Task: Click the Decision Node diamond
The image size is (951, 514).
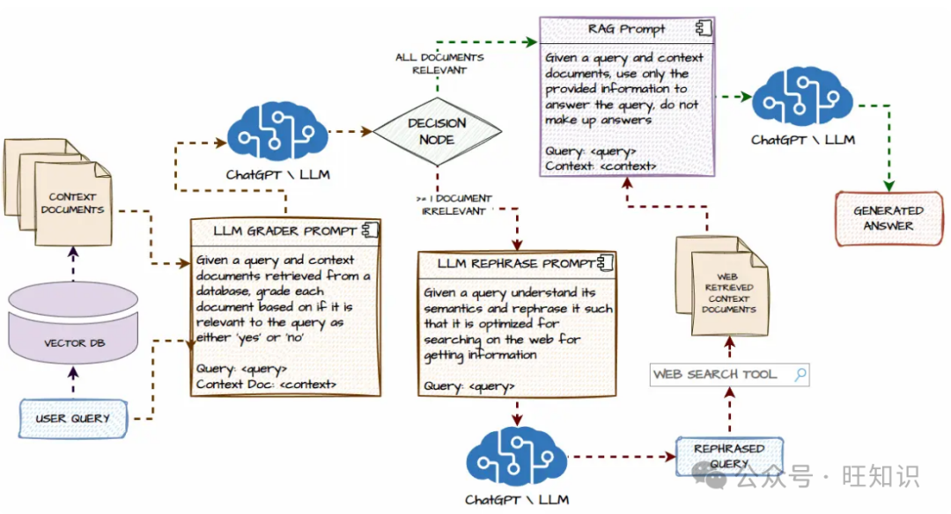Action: (437, 131)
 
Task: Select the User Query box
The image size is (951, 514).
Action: (73, 418)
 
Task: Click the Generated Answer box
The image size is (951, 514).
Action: (888, 218)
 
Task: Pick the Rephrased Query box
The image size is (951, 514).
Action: (729, 455)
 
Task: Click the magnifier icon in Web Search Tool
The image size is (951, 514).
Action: (800, 374)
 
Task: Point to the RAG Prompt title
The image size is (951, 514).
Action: (627, 28)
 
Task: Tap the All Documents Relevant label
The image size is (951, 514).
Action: (439, 63)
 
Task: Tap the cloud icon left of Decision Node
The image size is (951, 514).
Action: (277, 132)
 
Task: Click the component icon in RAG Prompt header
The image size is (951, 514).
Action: (703, 28)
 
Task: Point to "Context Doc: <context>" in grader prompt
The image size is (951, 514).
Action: (266, 385)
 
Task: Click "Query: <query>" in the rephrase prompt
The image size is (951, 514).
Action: (469, 386)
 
